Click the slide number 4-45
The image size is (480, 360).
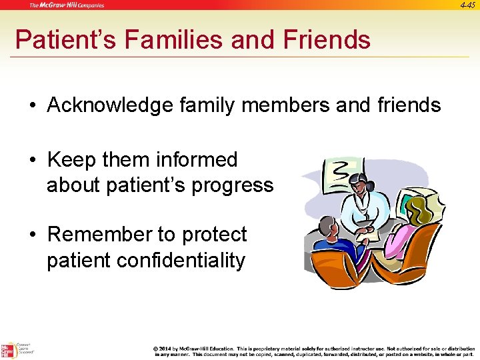pos(467,5)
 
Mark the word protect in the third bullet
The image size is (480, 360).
pos(211,235)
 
